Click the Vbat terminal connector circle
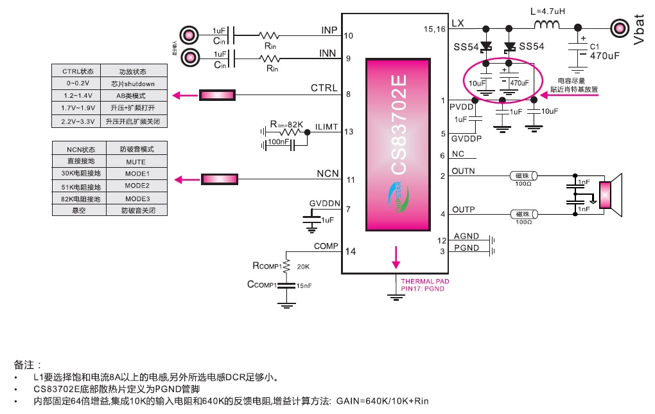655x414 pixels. (619, 28)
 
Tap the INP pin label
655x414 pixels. (329, 30)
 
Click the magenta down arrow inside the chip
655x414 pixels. (396, 256)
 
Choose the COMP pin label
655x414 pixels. (326, 246)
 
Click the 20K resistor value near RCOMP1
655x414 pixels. (304, 266)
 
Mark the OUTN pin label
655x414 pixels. (463, 171)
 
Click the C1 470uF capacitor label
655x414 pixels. (603, 51)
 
